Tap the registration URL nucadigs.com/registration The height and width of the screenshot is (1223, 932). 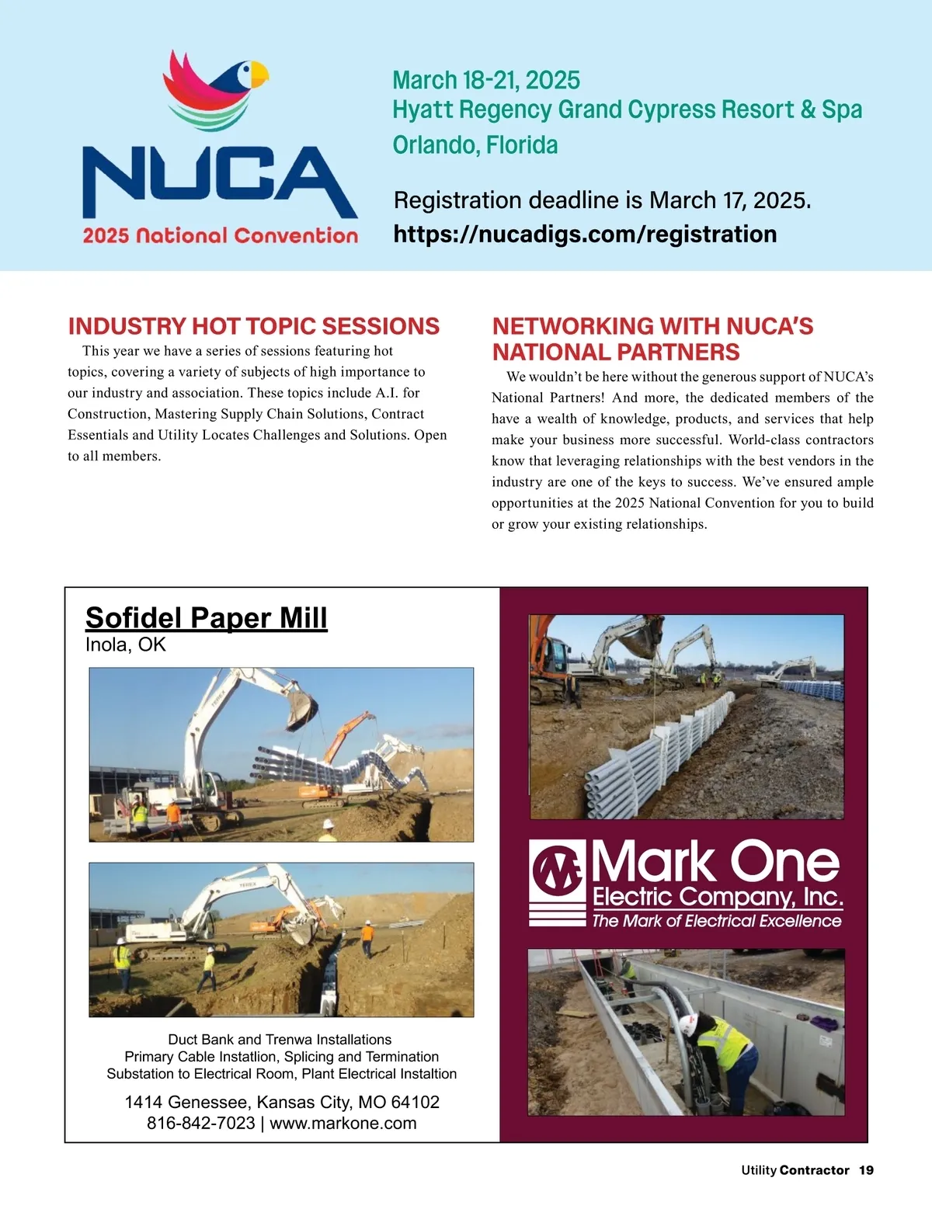point(585,235)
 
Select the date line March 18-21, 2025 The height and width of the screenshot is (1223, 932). point(486,80)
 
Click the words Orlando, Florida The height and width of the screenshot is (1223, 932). point(475,145)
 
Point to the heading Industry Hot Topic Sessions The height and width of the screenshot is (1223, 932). point(253,326)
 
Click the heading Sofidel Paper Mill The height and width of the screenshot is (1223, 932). point(206,618)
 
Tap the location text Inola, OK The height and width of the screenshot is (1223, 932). point(125,645)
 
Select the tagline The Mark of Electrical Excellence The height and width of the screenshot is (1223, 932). point(716,921)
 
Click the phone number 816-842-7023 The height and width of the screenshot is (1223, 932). point(200,1124)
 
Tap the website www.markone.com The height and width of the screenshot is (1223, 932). point(343,1124)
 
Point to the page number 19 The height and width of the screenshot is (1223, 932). point(866,1170)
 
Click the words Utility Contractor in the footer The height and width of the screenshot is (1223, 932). point(795,1170)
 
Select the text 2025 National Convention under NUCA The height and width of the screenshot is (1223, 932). point(221,235)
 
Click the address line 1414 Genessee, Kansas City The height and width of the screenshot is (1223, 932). point(282,1103)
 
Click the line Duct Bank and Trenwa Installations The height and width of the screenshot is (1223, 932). point(280,1040)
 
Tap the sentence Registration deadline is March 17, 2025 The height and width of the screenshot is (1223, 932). point(602,200)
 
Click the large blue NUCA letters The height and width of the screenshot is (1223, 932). point(219,182)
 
